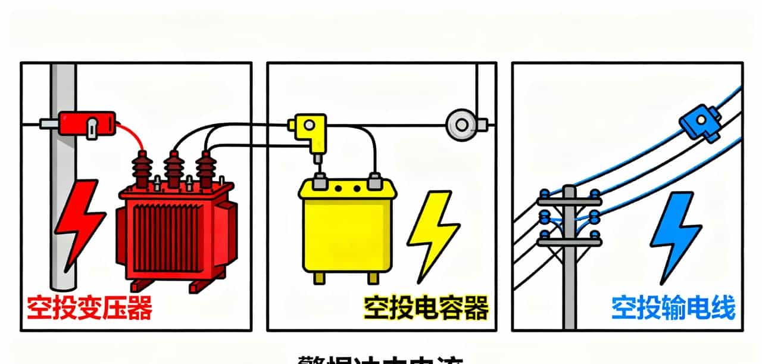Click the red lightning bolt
79,223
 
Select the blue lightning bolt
675,235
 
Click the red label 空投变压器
89,308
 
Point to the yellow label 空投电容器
426,308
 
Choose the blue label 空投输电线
673,308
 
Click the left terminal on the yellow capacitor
320,180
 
